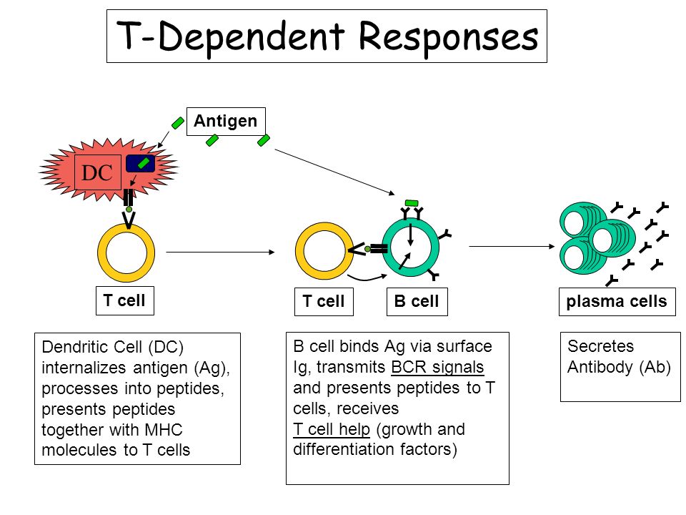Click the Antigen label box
(226, 122)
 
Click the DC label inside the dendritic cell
(98, 172)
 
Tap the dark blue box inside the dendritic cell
(141, 163)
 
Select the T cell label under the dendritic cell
(125, 301)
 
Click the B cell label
(417, 301)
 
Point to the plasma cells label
(617, 301)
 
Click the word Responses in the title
(449, 36)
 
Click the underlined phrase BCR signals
(437, 367)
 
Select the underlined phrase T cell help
(332, 429)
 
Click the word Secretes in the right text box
(601, 346)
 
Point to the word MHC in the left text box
(164, 430)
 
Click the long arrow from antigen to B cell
(334, 172)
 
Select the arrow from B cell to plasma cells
(512, 246)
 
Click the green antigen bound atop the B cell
(412, 202)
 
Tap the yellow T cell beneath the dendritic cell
(126, 252)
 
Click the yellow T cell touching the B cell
(324, 251)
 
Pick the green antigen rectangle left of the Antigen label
(178, 123)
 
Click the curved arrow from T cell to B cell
(367, 278)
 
